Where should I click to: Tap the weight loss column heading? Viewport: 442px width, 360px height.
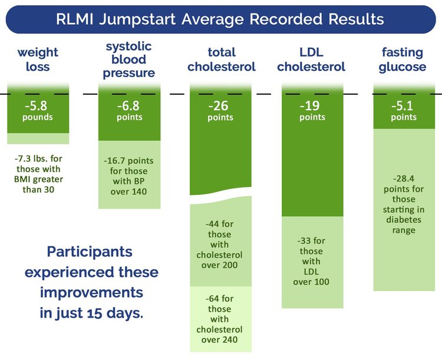tap(38, 60)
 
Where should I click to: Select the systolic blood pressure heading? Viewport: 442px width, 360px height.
tap(129, 60)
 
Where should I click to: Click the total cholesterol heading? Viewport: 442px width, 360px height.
tap(222, 60)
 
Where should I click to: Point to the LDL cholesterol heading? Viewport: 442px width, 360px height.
tap(311, 60)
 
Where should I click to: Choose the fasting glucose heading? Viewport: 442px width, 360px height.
tap(404, 60)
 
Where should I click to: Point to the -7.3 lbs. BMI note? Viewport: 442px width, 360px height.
tap(38, 174)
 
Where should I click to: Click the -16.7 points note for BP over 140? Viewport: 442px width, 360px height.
tap(129, 174)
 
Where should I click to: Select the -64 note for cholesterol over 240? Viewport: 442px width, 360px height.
tap(219, 319)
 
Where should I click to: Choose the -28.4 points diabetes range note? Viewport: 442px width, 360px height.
tap(404, 204)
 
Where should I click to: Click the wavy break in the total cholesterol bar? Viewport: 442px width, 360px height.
tap(222, 198)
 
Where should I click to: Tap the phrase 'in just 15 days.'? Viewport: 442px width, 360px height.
tap(91, 313)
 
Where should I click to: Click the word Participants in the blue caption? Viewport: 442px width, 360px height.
tap(90, 252)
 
